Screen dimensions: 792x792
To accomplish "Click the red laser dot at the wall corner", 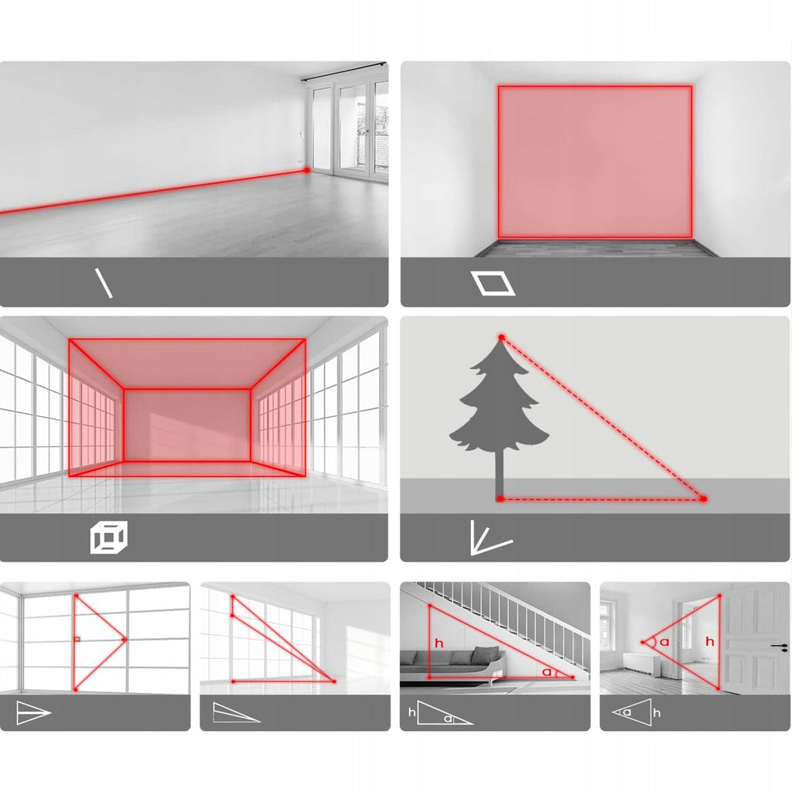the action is (x=306, y=171).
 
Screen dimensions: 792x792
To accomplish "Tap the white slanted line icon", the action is (x=104, y=283).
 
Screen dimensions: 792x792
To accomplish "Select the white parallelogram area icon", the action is (x=493, y=283).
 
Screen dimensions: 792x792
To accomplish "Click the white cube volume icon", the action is (x=108, y=537).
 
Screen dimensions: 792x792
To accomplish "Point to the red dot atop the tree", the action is (x=501, y=337).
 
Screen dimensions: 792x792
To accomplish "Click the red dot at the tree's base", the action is (x=500, y=499).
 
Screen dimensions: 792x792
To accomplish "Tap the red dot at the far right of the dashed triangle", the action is (x=704, y=499).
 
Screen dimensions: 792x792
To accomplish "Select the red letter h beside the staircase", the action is (x=439, y=643).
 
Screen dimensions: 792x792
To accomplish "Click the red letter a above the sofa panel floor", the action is (x=547, y=672).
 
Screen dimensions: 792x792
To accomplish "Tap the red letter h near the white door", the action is (x=710, y=641).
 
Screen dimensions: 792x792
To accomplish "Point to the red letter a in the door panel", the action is (x=664, y=642).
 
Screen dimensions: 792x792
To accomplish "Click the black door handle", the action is (x=778, y=646).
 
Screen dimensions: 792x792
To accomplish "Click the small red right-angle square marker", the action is (x=77, y=640).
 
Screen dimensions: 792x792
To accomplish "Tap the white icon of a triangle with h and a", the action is (x=440, y=712).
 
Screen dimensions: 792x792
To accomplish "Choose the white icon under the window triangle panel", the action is (x=33, y=712).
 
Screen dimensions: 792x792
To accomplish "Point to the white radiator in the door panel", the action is (x=641, y=663).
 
